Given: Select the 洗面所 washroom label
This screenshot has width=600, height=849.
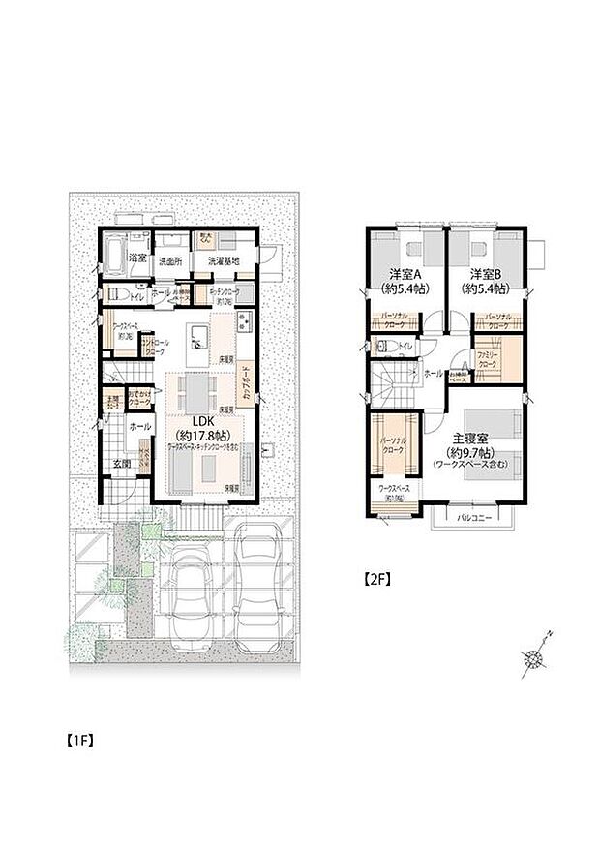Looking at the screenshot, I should [x=170, y=260].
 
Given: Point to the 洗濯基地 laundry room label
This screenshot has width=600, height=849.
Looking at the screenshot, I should [x=225, y=260].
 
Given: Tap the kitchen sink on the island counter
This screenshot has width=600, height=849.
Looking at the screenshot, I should [x=199, y=337].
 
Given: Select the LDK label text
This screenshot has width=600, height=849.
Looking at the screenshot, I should [x=202, y=421].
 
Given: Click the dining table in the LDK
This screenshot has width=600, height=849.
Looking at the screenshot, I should [x=198, y=393].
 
